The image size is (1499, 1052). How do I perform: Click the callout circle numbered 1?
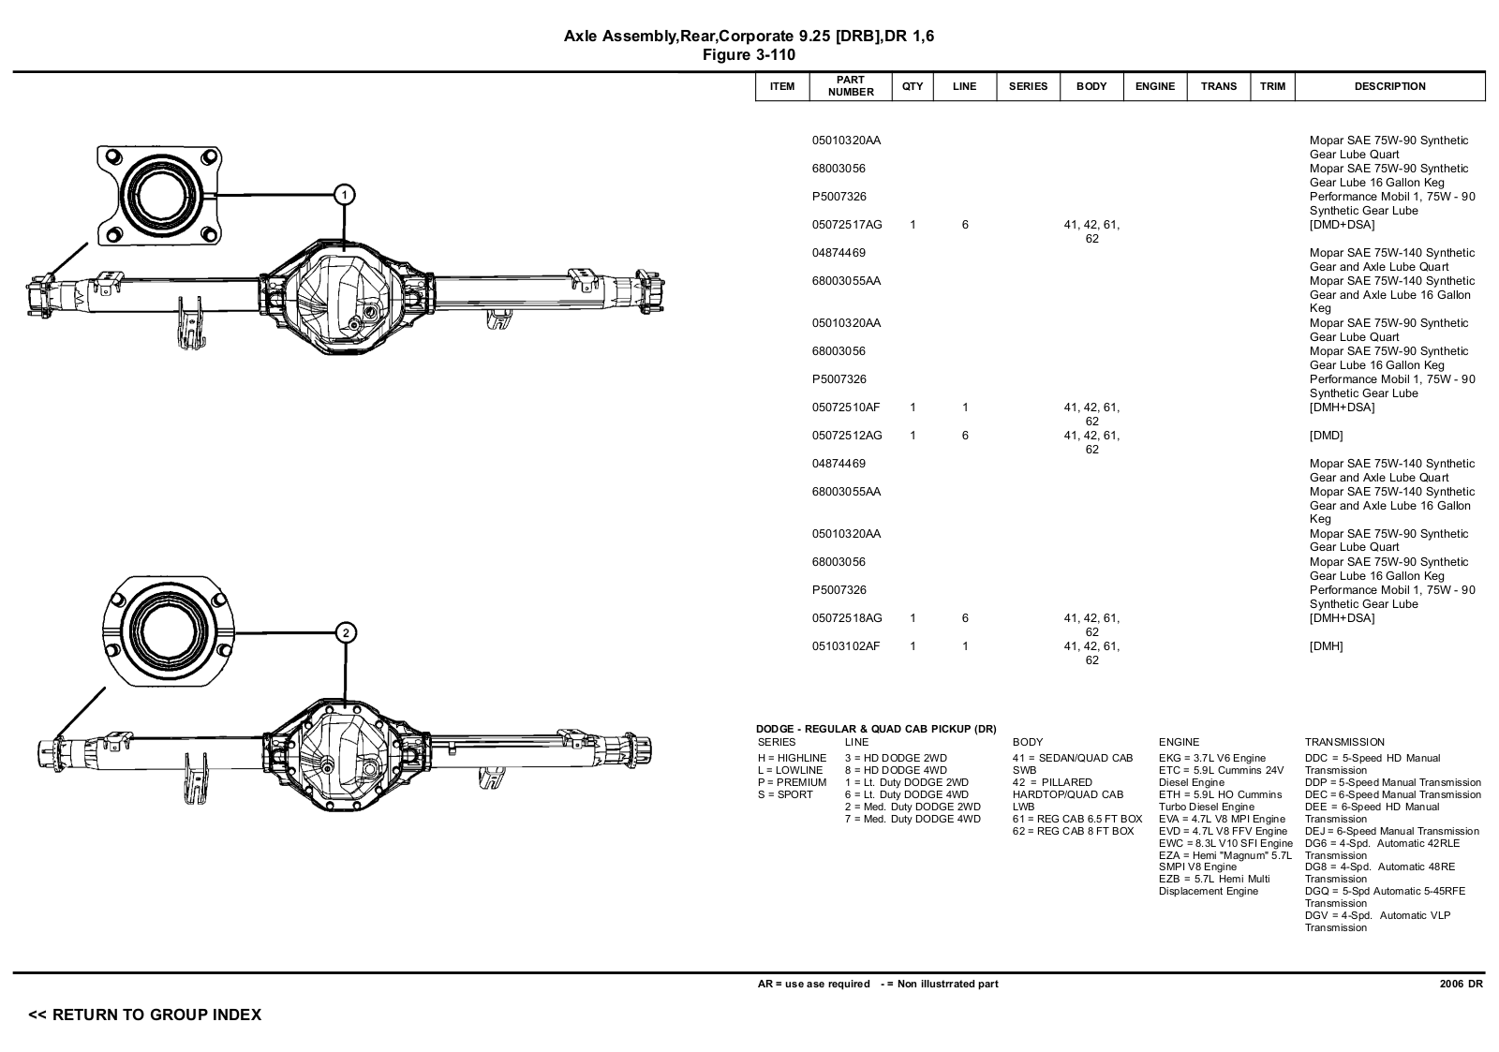[x=344, y=196]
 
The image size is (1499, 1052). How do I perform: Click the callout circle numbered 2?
[x=346, y=633]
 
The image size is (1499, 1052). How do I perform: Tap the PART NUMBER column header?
[x=851, y=86]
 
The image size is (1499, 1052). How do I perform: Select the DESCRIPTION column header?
[x=1390, y=86]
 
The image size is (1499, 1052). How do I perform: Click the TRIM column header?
[x=1272, y=86]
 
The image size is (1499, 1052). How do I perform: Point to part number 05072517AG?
[x=847, y=225]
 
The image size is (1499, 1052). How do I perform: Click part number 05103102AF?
[x=846, y=646]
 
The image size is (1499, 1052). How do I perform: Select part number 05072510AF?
[x=846, y=407]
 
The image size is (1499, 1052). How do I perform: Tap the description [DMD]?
[x=1327, y=436]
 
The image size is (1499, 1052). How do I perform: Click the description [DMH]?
[x=1327, y=646]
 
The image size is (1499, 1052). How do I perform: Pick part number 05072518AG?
[x=847, y=618]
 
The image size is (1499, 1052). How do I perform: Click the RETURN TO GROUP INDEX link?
[x=144, y=1015]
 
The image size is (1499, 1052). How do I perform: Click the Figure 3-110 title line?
[x=749, y=55]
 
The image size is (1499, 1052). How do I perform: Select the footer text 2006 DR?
[x=1462, y=984]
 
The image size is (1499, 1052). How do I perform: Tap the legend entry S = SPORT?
[x=785, y=795]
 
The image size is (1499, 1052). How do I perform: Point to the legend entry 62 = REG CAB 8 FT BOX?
[x=1074, y=831]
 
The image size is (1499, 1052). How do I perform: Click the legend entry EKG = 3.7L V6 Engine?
[x=1212, y=758]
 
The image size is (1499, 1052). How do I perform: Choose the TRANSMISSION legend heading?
[x=1344, y=742]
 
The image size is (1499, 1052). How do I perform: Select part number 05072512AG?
[x=847, y=436]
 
